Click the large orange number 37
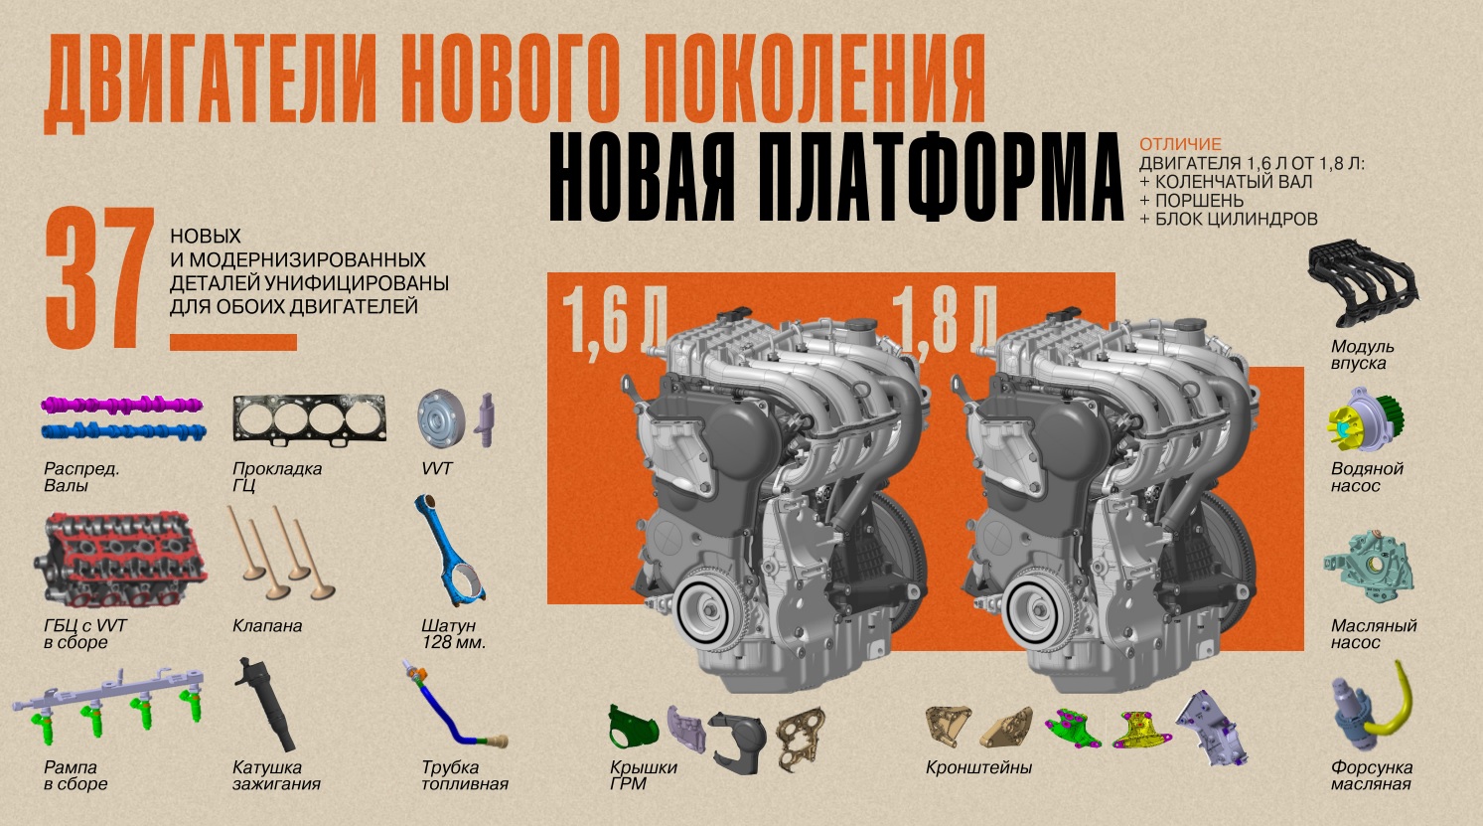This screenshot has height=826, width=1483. [99, 277]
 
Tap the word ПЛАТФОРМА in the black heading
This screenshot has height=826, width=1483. [940, 177]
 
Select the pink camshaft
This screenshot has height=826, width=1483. [122, 405]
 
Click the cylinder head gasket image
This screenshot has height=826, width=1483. [309, 418]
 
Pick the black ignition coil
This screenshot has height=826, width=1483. [266, 705]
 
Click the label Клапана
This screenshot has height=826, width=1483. [267, 626]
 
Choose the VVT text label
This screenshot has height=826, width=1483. [436, 469]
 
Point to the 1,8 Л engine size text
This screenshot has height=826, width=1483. [944, 321]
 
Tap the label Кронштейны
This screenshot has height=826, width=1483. [978, 767]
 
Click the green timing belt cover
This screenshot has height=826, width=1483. [633, 729]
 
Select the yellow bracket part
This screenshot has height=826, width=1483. [1142, 730]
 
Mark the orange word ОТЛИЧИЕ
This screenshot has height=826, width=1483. [1180, 144]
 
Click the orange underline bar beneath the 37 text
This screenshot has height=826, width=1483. [233, 342]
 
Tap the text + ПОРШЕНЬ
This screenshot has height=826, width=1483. [1192, 201]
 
